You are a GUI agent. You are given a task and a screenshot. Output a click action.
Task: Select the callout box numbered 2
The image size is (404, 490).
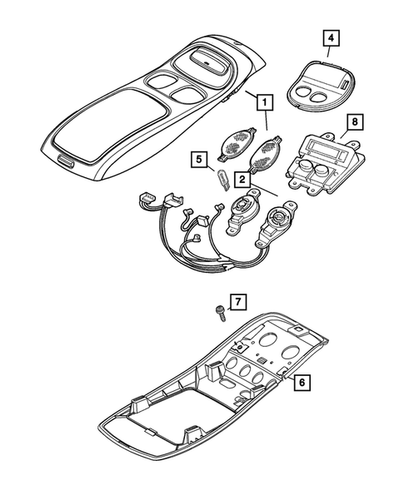(242, 178)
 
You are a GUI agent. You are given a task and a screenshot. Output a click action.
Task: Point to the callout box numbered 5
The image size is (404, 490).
(198, 157)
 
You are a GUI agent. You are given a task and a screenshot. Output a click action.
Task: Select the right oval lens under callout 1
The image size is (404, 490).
(266, 152)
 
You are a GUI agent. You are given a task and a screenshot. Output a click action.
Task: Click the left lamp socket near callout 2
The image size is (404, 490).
(243, 211)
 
